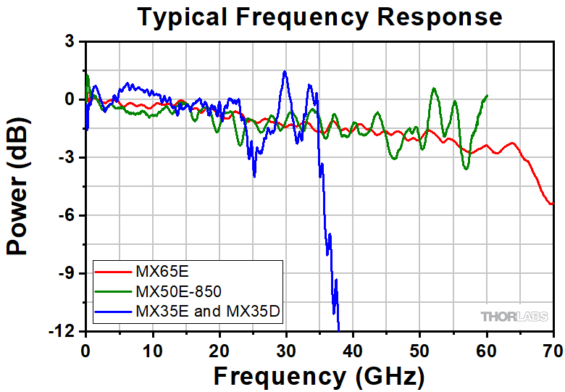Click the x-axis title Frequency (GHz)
[x=319, y=375]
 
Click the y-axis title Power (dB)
[x=20, y=187]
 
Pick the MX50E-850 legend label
[x=177, y=292]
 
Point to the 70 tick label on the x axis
[x=553, y=347]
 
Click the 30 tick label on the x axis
[x=286, y=347]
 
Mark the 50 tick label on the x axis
[x=420, y=347]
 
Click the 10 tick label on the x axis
[x=152, y=347]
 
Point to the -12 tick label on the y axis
[x=62, y=331]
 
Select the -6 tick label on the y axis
[x=67, y=215]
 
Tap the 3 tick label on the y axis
[x=70, y=42]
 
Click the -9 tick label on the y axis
[x=67, y=273]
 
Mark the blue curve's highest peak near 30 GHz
[x=285, y=71]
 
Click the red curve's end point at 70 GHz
[x=553, y=204]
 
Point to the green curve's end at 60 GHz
[x=487, y=96]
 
